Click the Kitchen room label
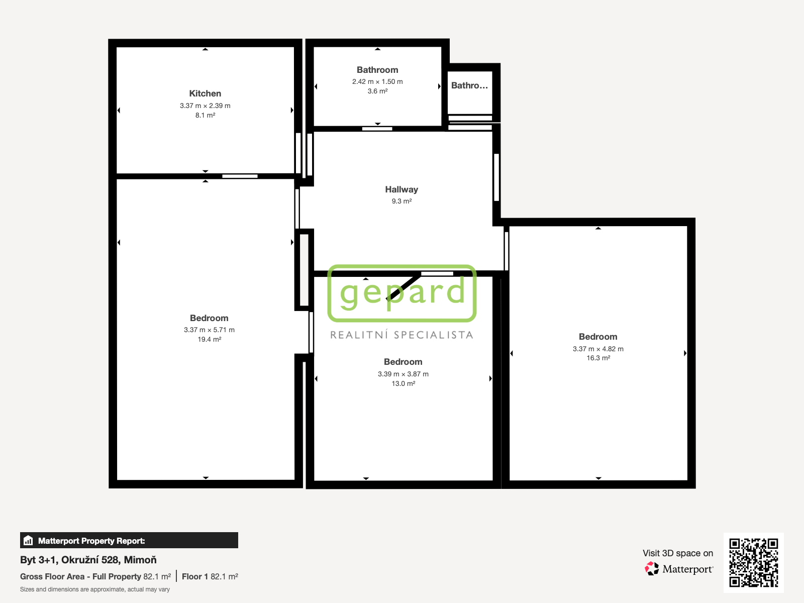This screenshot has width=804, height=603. point(205,94)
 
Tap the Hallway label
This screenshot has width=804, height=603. point(401,189)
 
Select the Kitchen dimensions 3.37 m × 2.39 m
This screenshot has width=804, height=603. point(205,106)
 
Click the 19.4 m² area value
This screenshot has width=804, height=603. point(209,339)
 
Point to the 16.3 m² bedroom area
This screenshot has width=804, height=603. point(598,358)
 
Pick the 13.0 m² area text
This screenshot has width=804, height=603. point(404,384)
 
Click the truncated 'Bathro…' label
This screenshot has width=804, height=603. point(469,85)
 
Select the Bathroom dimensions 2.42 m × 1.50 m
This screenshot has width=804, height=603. point(377,81)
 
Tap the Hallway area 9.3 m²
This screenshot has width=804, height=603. point(401,202)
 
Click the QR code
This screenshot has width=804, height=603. point(753,562)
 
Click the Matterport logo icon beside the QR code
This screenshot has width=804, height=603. point(652,569)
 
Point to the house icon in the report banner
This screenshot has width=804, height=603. point(28,540)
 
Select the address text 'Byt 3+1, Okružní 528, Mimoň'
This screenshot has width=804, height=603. point(88,560)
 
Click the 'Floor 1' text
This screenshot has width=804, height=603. point(195,577)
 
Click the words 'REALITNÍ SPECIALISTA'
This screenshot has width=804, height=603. point(402,335)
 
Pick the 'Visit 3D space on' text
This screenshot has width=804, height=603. point(678,553)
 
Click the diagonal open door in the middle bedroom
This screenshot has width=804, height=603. point(404,287)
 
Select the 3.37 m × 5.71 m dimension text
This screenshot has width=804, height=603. point(209,330)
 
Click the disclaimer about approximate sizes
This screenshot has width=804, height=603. point(95,589)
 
